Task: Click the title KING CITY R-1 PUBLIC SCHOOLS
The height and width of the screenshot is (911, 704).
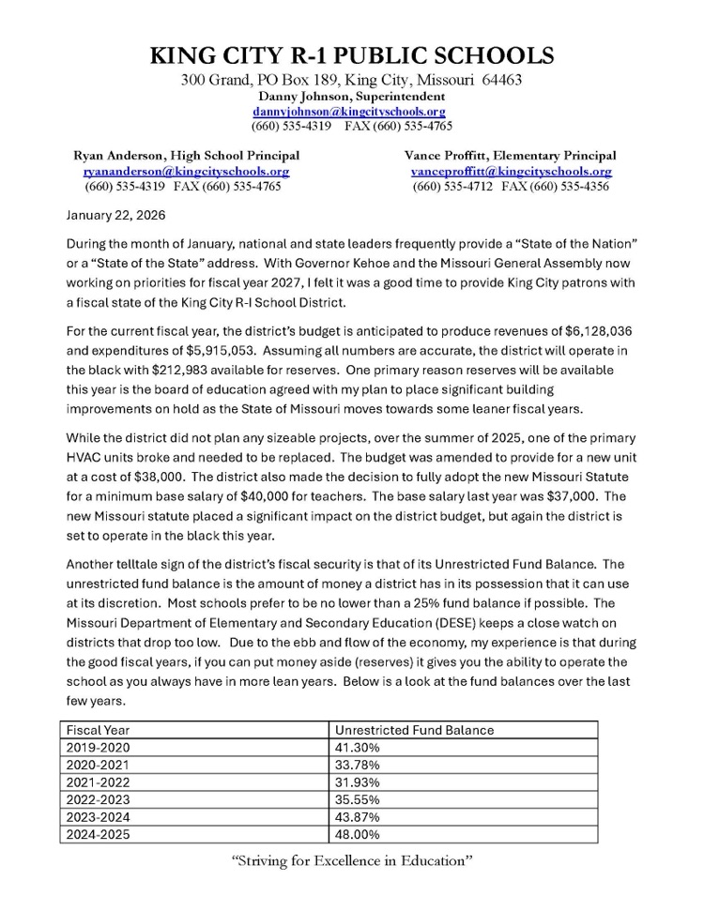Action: tap(351, 55)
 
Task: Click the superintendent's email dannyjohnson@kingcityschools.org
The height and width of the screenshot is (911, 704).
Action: tap(348, 111)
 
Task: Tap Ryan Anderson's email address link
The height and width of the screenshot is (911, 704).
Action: tap(186, 172)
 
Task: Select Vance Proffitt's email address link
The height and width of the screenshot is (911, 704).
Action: tap(511, 172)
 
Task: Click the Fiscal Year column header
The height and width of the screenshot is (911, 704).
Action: tap(99, 730)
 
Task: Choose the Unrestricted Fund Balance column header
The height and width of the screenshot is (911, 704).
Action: tap(414, 730)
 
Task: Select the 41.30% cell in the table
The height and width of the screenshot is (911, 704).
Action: tap(358, 748)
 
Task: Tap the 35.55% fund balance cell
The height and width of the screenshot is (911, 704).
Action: tap(358, 800)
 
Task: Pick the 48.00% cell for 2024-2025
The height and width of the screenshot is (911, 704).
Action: tap(358, 835)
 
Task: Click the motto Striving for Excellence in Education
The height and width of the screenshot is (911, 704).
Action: tap(351, 861)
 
